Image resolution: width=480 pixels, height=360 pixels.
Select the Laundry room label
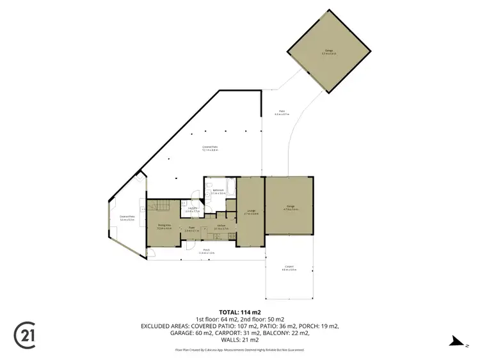point(191,209)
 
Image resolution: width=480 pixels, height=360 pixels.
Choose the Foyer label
point(191,227)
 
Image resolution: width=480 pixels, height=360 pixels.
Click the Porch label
point(206,252)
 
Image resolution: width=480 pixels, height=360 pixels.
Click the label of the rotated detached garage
point(329,51)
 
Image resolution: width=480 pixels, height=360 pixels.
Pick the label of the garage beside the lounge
point(291,207)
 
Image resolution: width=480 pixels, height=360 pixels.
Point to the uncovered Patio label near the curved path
point(282,113)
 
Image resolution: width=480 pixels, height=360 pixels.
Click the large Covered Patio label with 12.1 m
point(210,149)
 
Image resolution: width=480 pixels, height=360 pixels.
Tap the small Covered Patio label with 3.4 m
point(127,217)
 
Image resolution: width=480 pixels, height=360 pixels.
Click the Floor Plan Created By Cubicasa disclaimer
point(240,350)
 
